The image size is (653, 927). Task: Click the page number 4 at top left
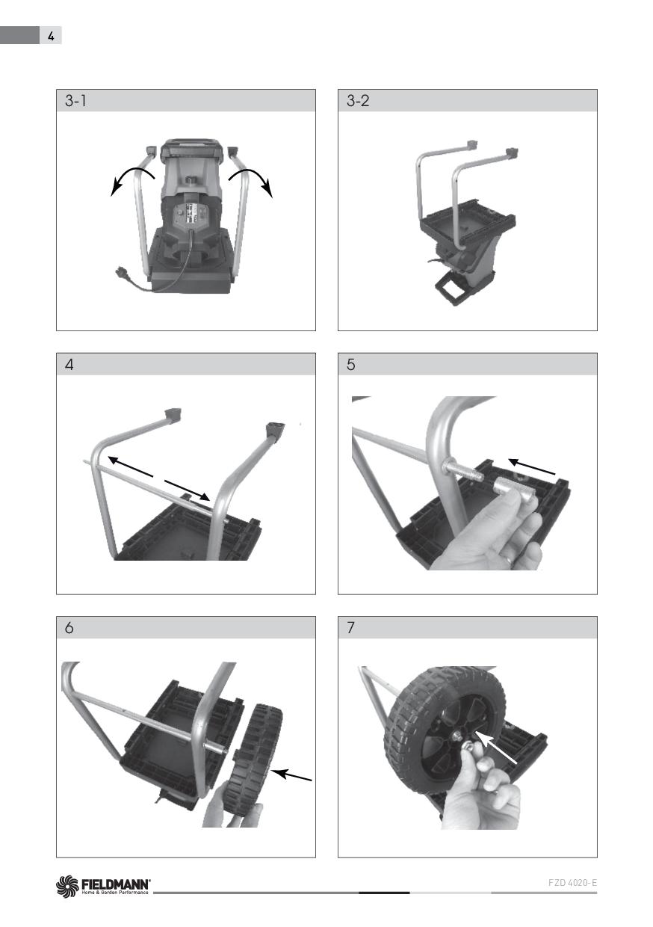(x=51, y=37)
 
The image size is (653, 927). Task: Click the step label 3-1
(x=75, y=101)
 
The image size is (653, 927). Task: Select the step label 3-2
(x=358, y=101)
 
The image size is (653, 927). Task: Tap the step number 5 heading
(x=350, y=365)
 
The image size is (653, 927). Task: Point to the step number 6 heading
(x=69, y=628)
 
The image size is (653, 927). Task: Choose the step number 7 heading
(x=350, y=628)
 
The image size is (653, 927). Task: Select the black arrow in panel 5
(x=531, y=466)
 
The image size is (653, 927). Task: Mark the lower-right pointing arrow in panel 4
(x=187, y=490)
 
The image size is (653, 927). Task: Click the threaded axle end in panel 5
(x=463, y=472)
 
